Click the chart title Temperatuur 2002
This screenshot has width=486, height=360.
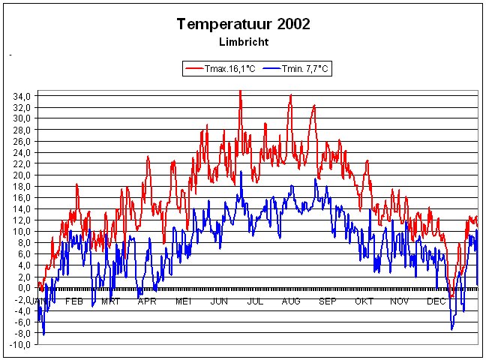click(243, 24)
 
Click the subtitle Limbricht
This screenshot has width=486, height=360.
click(243, 41)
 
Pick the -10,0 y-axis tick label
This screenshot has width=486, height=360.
click(19, 344)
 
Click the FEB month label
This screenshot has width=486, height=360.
click(73, 301)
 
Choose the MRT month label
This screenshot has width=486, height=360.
click(110, 301)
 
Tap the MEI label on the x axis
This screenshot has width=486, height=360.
click(183, 301)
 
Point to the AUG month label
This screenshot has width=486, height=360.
click(291, 301)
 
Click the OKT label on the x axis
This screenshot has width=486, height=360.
click(364, 301)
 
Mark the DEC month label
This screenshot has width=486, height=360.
click(436, 301)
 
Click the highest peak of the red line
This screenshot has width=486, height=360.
click(240, 91)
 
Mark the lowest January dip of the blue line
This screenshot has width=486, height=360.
click(43, 334)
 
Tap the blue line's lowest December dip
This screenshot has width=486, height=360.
click(451, 328)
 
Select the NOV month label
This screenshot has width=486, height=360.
click(400, 301)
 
